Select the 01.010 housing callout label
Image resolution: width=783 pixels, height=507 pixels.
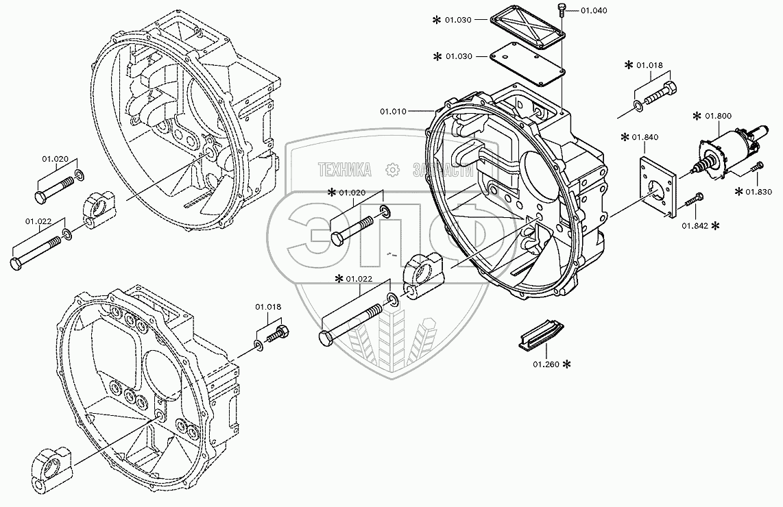(393, 111)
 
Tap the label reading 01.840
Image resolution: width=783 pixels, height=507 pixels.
(647, 138)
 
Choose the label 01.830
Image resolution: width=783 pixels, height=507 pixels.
(759, 192)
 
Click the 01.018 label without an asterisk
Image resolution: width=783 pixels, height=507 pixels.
(268, 307)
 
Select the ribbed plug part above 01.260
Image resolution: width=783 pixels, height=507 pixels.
(540, 337)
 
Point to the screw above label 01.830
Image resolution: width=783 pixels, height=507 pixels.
(756, 166)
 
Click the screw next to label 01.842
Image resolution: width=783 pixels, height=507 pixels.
(694, 199)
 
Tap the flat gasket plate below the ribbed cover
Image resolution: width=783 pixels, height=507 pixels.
(528, 63)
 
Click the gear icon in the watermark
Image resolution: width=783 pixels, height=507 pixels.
(391, 169)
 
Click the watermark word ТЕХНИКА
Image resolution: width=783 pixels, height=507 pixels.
(344, 169)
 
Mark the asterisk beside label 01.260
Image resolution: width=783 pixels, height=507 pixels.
(567, 364)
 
